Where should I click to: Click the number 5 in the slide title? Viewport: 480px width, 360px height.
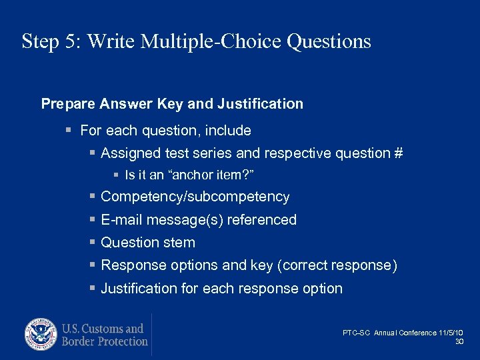[x=71, y=42]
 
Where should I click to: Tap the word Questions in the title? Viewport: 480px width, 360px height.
[x=329, y=42]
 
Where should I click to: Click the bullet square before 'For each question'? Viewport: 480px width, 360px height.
[x=69, y=131]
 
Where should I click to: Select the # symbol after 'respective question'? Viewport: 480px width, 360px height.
[x=398, y=153]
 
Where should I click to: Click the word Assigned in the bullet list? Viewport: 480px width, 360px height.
[x=128, y=153]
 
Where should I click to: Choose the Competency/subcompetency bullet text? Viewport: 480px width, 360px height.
[x=195, y=197]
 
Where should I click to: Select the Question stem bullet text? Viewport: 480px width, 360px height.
[x=147, y=243]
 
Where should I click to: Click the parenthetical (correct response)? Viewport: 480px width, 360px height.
[x=339, y=265]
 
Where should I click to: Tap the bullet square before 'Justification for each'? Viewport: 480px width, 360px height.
[x=92, y=289]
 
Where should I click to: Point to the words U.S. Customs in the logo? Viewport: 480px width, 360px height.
[x=103, y=328]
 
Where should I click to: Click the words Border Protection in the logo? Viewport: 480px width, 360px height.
[x=105, y=341]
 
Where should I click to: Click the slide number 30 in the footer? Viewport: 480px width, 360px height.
[x=459, y=341]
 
